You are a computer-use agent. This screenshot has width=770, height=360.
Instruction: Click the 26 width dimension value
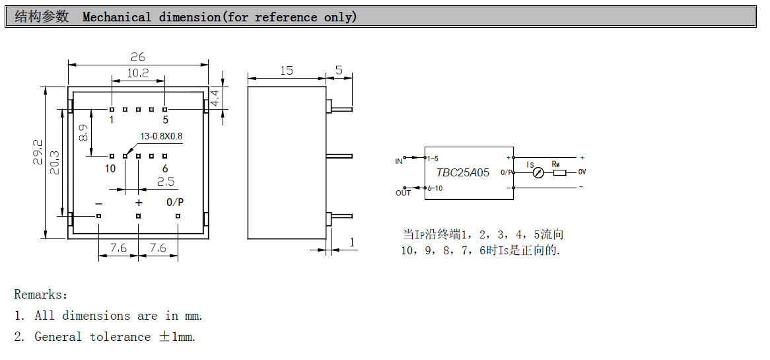point(137,57)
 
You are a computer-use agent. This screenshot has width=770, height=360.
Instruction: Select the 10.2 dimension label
point(137,73)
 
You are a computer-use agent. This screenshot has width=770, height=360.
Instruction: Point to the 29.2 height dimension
point(38,151)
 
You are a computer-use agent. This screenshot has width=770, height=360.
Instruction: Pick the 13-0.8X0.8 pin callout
point(160,137)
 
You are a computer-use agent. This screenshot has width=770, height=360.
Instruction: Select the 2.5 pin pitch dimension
point(165,182)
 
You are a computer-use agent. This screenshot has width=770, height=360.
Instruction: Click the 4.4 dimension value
point(216,98)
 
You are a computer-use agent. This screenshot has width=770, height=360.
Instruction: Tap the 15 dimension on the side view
point(286,71)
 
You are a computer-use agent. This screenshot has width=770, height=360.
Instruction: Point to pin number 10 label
point(110,169)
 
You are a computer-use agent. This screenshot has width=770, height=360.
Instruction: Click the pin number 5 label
point(165,120)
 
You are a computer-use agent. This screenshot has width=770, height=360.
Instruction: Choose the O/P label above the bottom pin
point(175,202)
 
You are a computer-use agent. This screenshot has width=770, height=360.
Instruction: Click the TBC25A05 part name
point(463,172)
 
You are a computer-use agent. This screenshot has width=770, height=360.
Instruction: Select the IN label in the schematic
point(398,161)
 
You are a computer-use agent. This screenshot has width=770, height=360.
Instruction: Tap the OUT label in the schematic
point(403,193)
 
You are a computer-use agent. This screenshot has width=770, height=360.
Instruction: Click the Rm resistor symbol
point(559,173)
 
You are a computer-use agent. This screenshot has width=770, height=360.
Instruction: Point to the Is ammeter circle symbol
point(538,173)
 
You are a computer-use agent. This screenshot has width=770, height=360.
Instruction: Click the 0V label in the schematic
point(582,172)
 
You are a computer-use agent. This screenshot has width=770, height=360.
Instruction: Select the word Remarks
point(40,295)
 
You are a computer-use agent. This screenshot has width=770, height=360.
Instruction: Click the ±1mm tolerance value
point(177,337)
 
